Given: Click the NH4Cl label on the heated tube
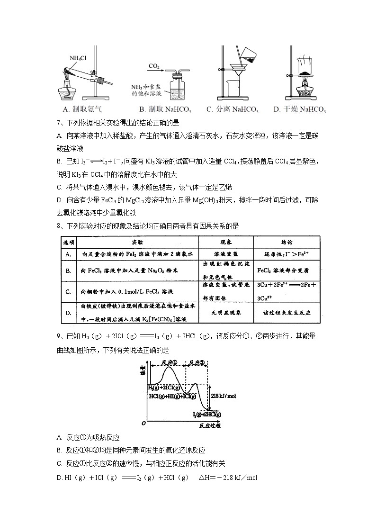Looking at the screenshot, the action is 78,58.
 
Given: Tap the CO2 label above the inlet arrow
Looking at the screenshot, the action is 154,65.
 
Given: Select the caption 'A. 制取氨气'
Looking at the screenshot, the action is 84,109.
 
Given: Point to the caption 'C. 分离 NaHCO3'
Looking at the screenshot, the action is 232,109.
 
